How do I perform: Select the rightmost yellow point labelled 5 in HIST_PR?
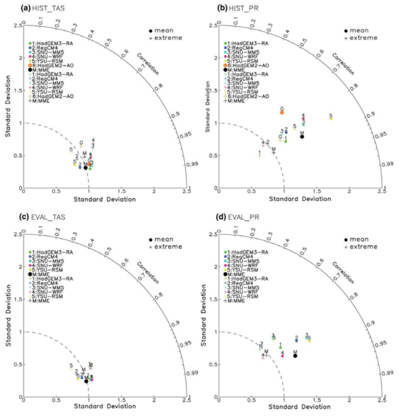[x=331, y=118]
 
